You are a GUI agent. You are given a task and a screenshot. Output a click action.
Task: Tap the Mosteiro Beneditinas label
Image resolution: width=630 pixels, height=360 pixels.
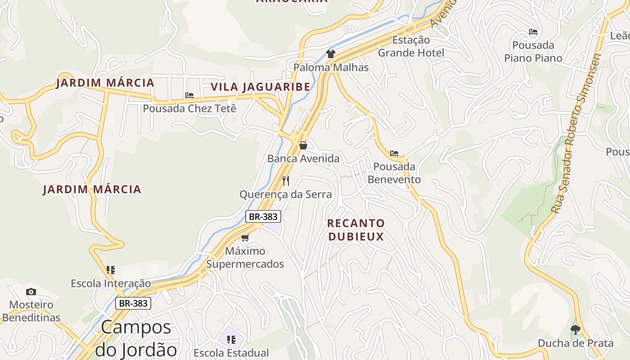31,311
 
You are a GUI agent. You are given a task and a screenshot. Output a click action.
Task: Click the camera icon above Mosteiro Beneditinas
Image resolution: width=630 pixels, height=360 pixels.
31,292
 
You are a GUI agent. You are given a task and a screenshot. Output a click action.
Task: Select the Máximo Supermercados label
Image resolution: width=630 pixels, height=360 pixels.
245,257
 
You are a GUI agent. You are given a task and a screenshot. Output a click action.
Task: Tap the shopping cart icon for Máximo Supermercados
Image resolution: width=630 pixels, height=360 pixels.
245,238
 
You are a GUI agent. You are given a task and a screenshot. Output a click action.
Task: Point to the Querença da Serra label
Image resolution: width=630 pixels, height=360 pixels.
285,194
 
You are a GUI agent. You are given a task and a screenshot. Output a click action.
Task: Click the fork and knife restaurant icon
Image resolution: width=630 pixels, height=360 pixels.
286,181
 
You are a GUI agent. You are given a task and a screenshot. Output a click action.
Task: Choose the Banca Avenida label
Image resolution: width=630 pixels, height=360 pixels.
303,158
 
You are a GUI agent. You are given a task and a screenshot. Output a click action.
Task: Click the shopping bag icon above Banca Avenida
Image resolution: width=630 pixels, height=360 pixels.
303,145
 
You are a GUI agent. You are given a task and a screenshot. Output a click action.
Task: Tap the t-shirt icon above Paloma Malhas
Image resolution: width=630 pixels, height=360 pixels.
331,54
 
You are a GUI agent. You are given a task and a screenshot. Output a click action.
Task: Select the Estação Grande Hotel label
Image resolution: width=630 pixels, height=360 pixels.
411,46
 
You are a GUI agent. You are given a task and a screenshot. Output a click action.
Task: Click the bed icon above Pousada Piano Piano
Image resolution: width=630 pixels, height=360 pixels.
533,32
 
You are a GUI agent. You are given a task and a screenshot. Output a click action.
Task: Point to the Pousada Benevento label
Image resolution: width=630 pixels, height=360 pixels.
394,173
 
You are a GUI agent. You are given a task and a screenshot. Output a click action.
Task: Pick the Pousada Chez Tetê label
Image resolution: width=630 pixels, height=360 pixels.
189,108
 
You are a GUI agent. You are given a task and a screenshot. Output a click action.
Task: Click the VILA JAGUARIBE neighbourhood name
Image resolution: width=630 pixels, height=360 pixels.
261,87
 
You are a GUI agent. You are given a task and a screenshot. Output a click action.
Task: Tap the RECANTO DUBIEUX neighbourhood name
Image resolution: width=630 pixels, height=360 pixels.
356,230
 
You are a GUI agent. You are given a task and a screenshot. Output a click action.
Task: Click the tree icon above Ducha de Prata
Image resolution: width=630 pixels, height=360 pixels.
575,329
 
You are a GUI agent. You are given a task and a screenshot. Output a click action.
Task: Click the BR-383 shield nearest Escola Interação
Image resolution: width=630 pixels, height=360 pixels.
133,303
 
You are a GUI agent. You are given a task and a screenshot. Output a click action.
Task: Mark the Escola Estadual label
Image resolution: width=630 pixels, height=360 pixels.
231,353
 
